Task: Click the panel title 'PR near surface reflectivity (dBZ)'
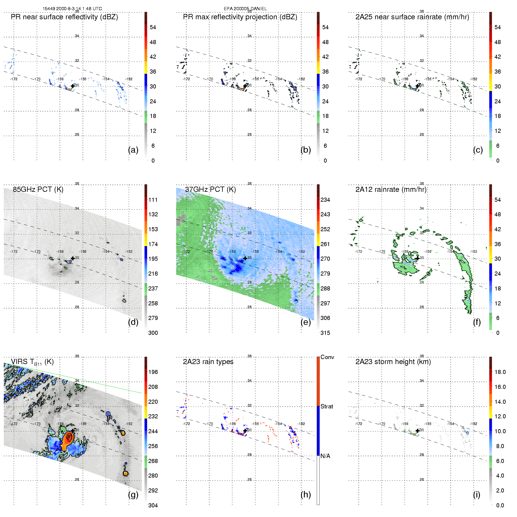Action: [64, 17]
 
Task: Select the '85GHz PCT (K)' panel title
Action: [38, 189]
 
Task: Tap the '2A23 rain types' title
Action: [208, 362]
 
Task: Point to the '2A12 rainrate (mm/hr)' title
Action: [391, 189]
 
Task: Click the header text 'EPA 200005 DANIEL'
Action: [245, 9]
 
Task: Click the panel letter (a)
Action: [133, 150]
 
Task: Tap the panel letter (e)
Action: [306, 322]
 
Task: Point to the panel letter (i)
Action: [476, 495]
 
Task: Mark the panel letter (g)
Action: [133, 495]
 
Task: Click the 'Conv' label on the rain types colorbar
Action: [327, 357]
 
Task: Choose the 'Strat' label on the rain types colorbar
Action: [327, 406]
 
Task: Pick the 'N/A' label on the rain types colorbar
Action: [325, 456]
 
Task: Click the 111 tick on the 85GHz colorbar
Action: [153, 200]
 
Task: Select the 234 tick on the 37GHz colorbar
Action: [325, 200]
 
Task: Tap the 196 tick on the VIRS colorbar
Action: [153, 372]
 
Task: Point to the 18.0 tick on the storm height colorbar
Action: [500, 372]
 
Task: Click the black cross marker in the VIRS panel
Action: [73, 431]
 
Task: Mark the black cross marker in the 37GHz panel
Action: [245, 258]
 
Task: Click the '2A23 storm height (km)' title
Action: [393, 362]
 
